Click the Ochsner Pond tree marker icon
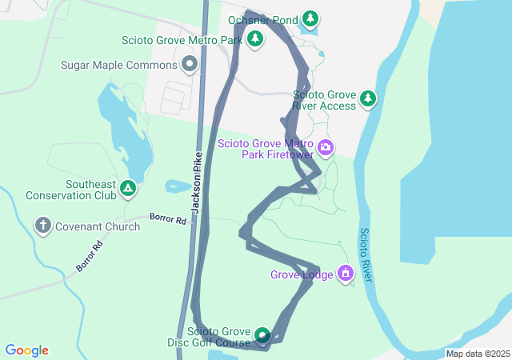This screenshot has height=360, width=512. (x=310, y=18)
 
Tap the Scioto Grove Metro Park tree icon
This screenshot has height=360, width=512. (x=255, y=38)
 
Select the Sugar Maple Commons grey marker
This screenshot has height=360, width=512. (x=190, y=62)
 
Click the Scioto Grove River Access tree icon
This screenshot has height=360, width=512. (x=367, y=98)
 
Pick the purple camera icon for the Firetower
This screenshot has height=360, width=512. (x=326, y=147)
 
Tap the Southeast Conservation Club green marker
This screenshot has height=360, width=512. (x=128, y=189)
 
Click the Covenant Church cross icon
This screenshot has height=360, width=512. (x=43, y=226)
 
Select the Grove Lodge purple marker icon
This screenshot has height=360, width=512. (x=346, y=274)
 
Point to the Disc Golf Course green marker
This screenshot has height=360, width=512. (x=262, y=335)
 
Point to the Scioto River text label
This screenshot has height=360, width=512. (x=364, y=254)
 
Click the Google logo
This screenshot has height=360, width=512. (x=26, y=350)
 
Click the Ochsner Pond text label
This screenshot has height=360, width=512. (x=262, y=19)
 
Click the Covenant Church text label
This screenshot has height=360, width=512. (x=98, y=226)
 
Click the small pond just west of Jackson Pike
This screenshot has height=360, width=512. (x=177, y=187)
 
